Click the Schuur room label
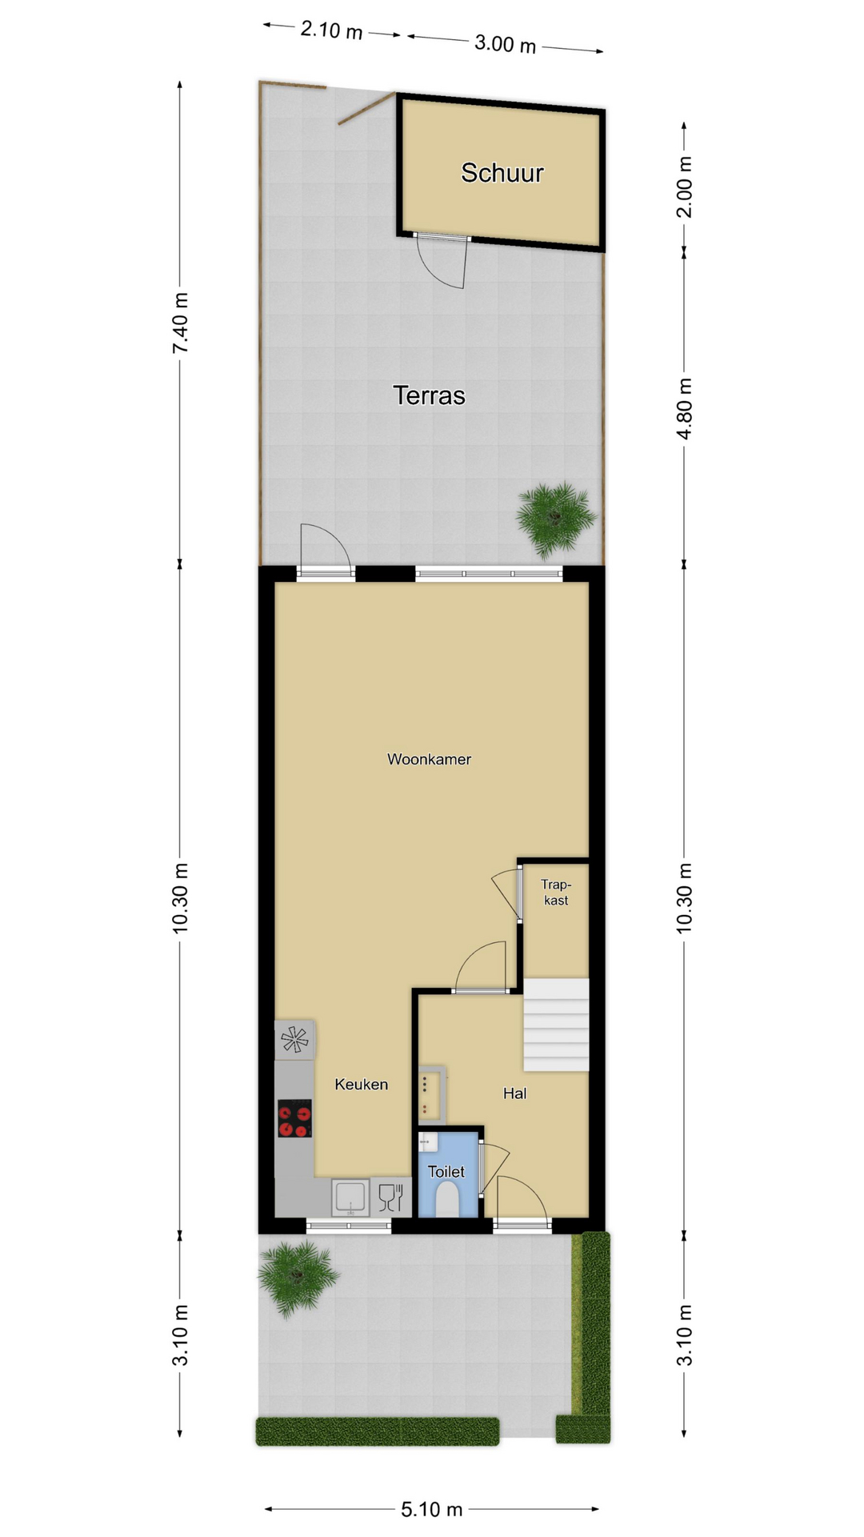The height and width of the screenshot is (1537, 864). pos(502,173)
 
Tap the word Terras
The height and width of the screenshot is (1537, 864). pos(429,395)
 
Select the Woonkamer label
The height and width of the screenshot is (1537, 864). pos(429,759)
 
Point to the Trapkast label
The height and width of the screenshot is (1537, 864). pos(556,892)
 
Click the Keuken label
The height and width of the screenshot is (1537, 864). pos(362,1084)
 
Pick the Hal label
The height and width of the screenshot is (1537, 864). pos(515,1094)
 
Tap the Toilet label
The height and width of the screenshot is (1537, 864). pos(446,1172)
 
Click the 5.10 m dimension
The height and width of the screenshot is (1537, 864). pos(432,1510)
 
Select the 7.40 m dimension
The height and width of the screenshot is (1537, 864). pos(181,323)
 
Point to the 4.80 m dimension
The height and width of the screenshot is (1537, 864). pos(685,408)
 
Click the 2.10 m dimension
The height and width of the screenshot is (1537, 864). pos(331,30)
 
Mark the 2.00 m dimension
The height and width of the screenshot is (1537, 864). pos(685,187)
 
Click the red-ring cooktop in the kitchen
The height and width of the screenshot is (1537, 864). pos(294,1118)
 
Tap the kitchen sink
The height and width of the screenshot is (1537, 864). pos(350,1198)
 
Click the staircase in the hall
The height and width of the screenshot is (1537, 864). pos(556,1025)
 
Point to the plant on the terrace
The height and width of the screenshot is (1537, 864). pos(556,519)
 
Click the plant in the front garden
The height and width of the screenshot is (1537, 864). pos(298,1278)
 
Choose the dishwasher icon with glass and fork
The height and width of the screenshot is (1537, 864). pos(390,1198)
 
